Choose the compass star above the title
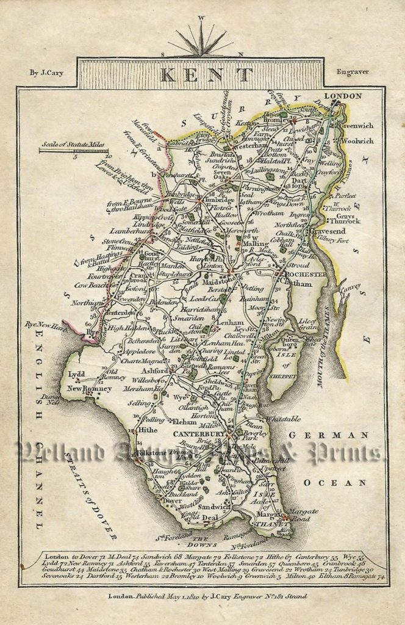click(201, 42)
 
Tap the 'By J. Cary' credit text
click(46, 73)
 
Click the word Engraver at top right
click(353, 73)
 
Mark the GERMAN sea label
click(328, 435)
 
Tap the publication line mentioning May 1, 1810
click(207, 596)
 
